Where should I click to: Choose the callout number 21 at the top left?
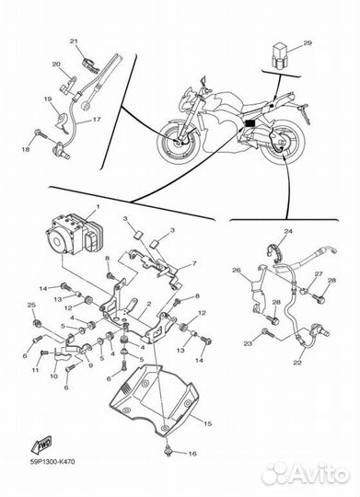pyautogui.click(x=75, y=41)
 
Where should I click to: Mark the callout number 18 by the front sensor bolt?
pyautogui.click(x=27, y=148)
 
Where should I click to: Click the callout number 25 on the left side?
pyautogui.click(x=30, y=305)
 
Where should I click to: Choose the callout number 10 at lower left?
pyautogui.click(x=53, y=376)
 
